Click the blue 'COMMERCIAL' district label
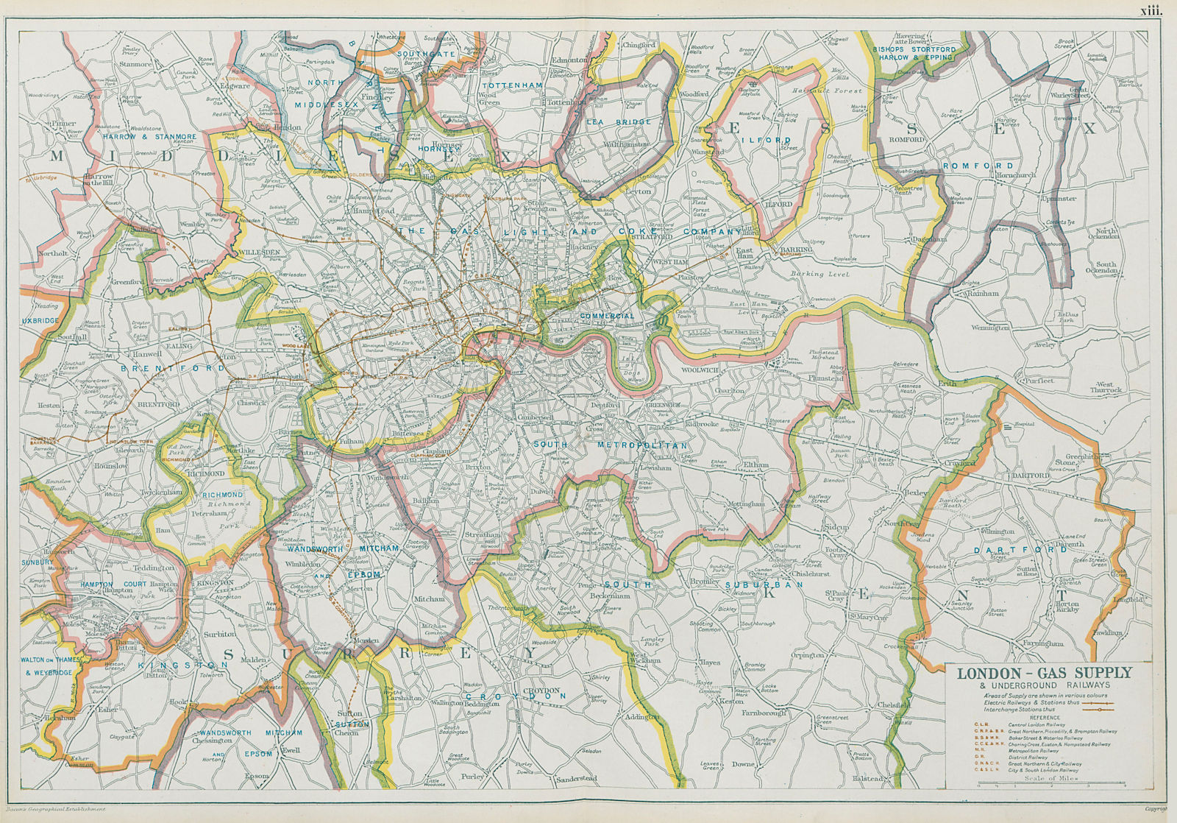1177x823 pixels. pos(607,316)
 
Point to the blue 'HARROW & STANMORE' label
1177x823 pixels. pos(150,137)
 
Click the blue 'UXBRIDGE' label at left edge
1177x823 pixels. pos(40,321)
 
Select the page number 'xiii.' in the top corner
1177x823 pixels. pos(1150,10)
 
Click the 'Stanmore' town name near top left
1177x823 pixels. pos(135,64)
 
